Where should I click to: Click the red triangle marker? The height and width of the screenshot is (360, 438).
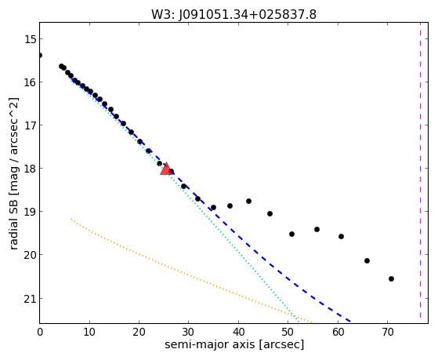tap(166, 169)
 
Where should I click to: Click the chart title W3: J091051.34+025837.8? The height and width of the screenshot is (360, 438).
tap(233, 15)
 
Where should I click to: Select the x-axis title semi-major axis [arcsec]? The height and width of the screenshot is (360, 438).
tap(234, 344)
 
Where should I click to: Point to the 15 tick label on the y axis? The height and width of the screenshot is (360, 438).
tap(31, 39)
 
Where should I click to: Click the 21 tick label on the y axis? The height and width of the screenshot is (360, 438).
tap(31, 299)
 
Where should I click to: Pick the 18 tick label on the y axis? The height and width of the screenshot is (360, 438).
tap(31, 169)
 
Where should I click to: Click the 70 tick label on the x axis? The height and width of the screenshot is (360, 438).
tap(387, 333)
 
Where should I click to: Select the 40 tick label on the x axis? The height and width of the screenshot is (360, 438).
tap(238, 333)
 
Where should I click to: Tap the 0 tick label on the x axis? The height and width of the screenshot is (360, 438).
tap(40, 333)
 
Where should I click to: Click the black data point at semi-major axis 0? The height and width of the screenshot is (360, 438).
tap(40, 55)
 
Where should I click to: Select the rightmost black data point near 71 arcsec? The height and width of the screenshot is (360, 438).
tap(391, 278)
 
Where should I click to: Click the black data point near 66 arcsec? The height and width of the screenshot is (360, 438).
tap(367, 260)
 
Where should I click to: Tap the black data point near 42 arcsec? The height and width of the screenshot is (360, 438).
tap(248, 201)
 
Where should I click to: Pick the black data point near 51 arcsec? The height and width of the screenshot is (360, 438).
tap(291, 234)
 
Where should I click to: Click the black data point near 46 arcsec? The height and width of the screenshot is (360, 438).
tap(270, 213)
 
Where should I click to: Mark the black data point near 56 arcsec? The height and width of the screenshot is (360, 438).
tap(317, 229)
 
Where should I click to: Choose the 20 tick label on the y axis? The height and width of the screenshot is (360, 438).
tap(31, 255)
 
